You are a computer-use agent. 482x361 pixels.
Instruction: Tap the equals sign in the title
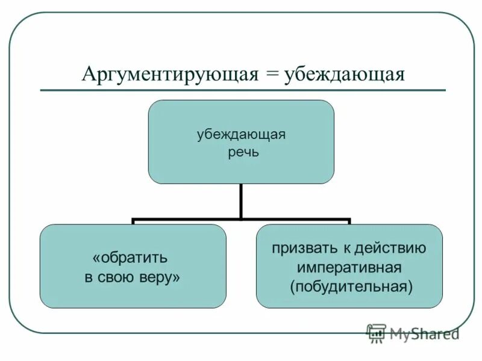[271, 75]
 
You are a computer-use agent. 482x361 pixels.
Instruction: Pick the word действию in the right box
[393, 248]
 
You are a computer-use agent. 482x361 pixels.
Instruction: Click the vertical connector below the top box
[241, 202]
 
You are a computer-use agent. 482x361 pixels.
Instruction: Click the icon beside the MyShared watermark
[376, 333]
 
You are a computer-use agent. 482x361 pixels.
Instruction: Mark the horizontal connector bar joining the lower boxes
[241, 220]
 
